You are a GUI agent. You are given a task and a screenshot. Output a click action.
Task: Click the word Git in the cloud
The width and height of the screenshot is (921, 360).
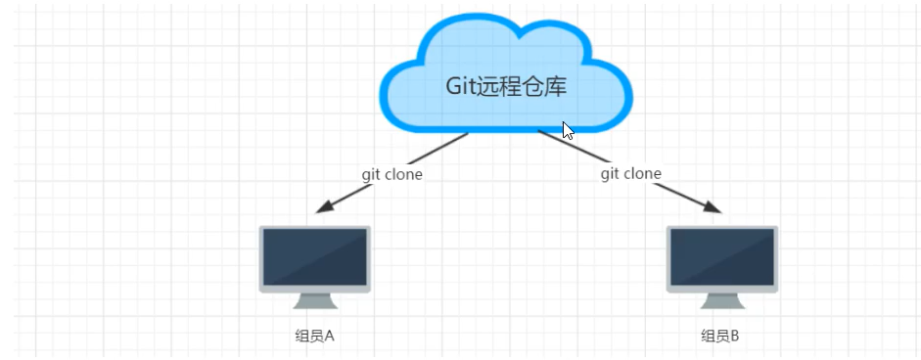point(461,86)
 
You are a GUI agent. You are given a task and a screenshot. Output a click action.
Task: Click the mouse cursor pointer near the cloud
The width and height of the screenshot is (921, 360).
point(568,131)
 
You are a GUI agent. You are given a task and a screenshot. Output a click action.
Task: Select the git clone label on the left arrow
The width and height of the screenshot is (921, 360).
point(391,174)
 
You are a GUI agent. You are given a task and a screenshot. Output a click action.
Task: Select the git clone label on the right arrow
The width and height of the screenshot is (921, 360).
point(630,173)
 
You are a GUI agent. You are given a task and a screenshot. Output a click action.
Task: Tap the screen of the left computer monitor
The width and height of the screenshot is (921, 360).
point(314,257)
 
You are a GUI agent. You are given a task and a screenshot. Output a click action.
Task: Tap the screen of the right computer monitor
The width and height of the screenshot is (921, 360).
point(721,257)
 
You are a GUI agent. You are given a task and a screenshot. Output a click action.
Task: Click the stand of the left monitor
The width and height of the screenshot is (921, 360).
point(314,300)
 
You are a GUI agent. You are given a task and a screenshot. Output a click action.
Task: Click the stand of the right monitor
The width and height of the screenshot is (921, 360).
point(721,300)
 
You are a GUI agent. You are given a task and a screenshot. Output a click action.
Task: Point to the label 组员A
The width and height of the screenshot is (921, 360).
point(314,337)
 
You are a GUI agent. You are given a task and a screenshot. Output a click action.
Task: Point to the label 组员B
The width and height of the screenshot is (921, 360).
point(720,337)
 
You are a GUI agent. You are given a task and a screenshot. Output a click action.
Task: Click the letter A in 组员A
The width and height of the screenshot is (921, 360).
point(329,337)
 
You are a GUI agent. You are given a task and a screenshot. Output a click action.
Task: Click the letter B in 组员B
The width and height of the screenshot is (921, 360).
point(734,337)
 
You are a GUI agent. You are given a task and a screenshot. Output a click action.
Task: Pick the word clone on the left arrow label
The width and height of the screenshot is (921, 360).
point(402,174)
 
